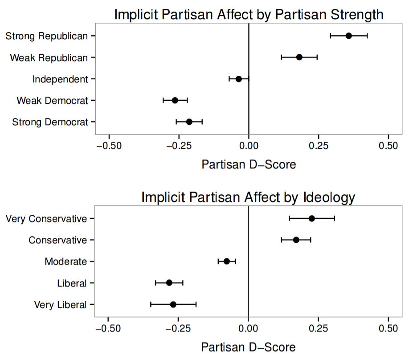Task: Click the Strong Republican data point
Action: coord(348,36)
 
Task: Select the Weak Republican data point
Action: coord(299,57)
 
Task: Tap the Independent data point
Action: coord(238,79)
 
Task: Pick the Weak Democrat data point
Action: coord(175,100)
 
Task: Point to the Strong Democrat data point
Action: coord(189,122)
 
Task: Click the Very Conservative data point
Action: coord(311,218)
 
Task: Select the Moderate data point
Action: coord(226,261)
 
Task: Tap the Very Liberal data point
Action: coord(173,304)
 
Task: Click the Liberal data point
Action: coord(169,282)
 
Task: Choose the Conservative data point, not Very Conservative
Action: coord(296,240)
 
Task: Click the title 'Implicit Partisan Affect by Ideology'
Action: coord(248,197)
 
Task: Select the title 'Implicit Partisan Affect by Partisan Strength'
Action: coord(249,14)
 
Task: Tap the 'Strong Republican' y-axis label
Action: coord(47,36)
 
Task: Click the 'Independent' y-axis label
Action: coord(60,79)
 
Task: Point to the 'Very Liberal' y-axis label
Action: coord(60,305)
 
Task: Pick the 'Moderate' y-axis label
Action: coord(65,262)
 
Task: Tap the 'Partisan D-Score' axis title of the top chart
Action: coord(249,164)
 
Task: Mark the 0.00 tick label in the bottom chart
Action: coord(248,329)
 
